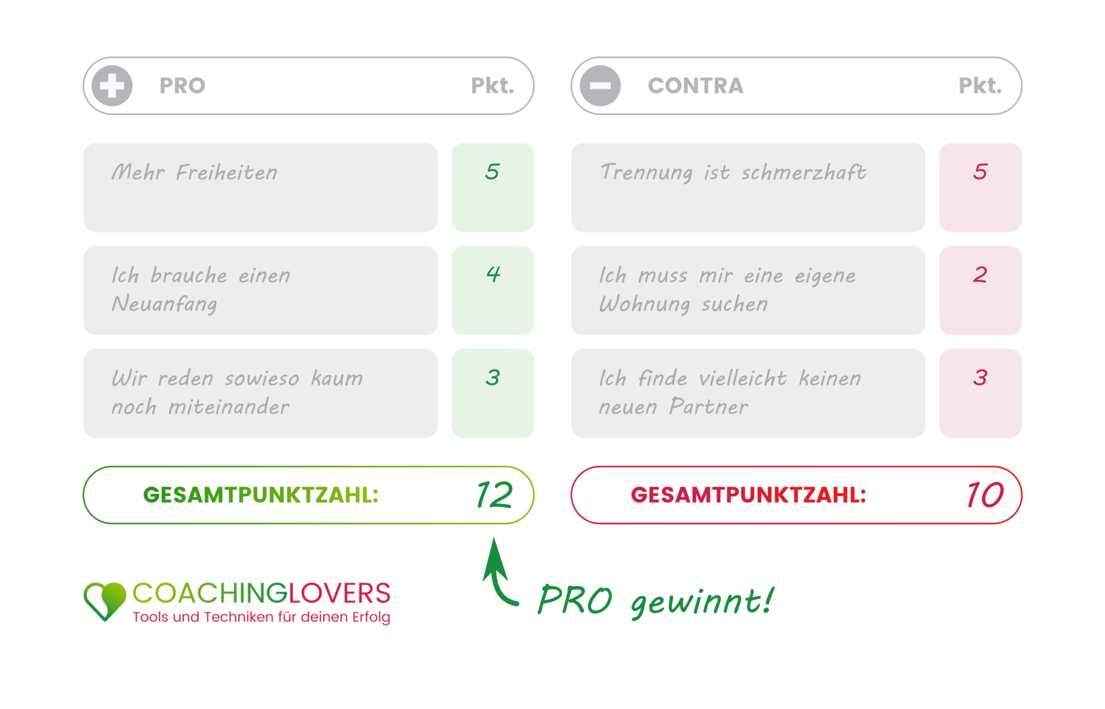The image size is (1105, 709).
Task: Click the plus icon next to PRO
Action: point(112,86)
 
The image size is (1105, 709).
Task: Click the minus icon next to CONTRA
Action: point(600,86)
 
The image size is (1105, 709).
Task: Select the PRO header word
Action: point(182,86)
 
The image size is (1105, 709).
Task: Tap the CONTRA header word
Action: point(695,86)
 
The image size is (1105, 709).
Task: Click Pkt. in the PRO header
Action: point(492,86)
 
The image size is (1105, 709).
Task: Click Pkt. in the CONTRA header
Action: point(980,86)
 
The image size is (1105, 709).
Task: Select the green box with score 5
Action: point(493,187)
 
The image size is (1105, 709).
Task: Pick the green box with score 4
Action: point(493,290)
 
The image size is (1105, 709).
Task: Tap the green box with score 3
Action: point(493,393)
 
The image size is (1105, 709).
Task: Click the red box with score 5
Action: point(980,187)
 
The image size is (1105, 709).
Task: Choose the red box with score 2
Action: point(980,290)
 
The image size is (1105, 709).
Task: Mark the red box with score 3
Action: point(980,393)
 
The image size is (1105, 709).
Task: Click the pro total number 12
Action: point(494,495)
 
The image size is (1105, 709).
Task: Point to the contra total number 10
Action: point(985,495)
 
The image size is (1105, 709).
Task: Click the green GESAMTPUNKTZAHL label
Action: point(261,495)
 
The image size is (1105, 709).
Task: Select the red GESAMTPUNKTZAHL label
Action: point(748,495)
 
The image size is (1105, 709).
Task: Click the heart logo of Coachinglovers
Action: point(105,601)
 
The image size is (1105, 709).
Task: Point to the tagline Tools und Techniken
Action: point(261,617)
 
